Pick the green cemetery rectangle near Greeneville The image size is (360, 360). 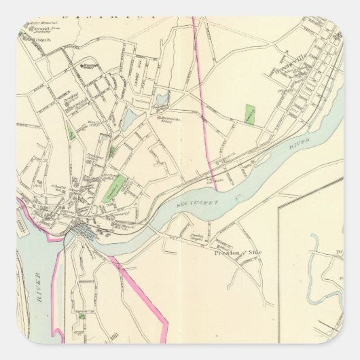click(249, 113)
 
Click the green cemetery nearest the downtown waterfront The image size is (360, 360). click(113, 187)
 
